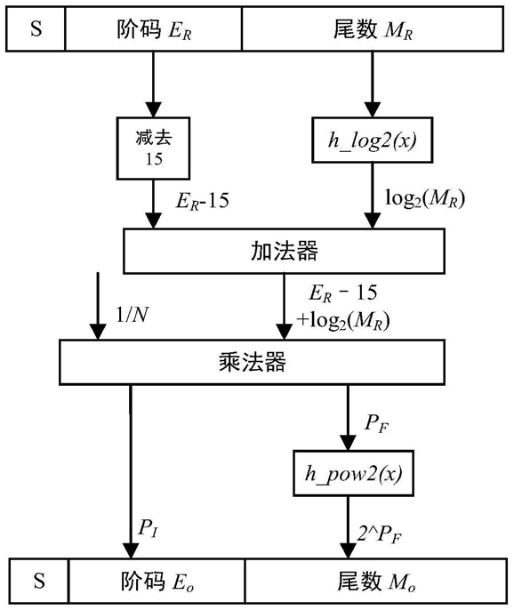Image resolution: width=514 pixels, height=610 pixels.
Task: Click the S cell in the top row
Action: click(36, 28)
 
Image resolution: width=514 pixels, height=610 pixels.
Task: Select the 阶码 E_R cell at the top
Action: click(154, 28)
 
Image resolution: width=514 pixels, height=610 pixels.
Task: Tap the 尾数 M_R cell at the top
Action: click(373, 28)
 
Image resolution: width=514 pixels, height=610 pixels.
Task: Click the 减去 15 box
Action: click(153, 148)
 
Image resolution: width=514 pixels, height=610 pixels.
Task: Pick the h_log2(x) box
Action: click(373, 140)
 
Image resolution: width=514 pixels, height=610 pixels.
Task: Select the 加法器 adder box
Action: click(284, 251)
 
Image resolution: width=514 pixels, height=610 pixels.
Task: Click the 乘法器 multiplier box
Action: click(253, 362)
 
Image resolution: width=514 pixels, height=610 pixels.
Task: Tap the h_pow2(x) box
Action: click(353, 473)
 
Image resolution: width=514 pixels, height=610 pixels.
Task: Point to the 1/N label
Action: click(133, 315)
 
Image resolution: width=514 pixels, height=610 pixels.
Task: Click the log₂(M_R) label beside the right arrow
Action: click(425, 198)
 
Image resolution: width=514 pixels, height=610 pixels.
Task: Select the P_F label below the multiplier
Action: click(376, 423)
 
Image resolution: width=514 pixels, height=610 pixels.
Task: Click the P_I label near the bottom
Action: click(149, 529)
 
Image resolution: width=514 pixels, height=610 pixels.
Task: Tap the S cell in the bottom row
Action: click(39, 581)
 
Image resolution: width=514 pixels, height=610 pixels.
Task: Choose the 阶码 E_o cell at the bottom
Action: click(157, 581)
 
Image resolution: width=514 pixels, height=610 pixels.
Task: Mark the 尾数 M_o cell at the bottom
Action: click(376, 581)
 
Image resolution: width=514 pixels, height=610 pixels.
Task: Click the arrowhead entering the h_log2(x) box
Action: click(373, 109)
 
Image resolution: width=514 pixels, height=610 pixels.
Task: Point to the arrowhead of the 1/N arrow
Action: click(98, 332)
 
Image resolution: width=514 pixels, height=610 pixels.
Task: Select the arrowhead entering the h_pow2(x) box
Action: click(348, 444)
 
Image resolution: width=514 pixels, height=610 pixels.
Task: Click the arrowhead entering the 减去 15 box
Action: click(153, 109)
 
